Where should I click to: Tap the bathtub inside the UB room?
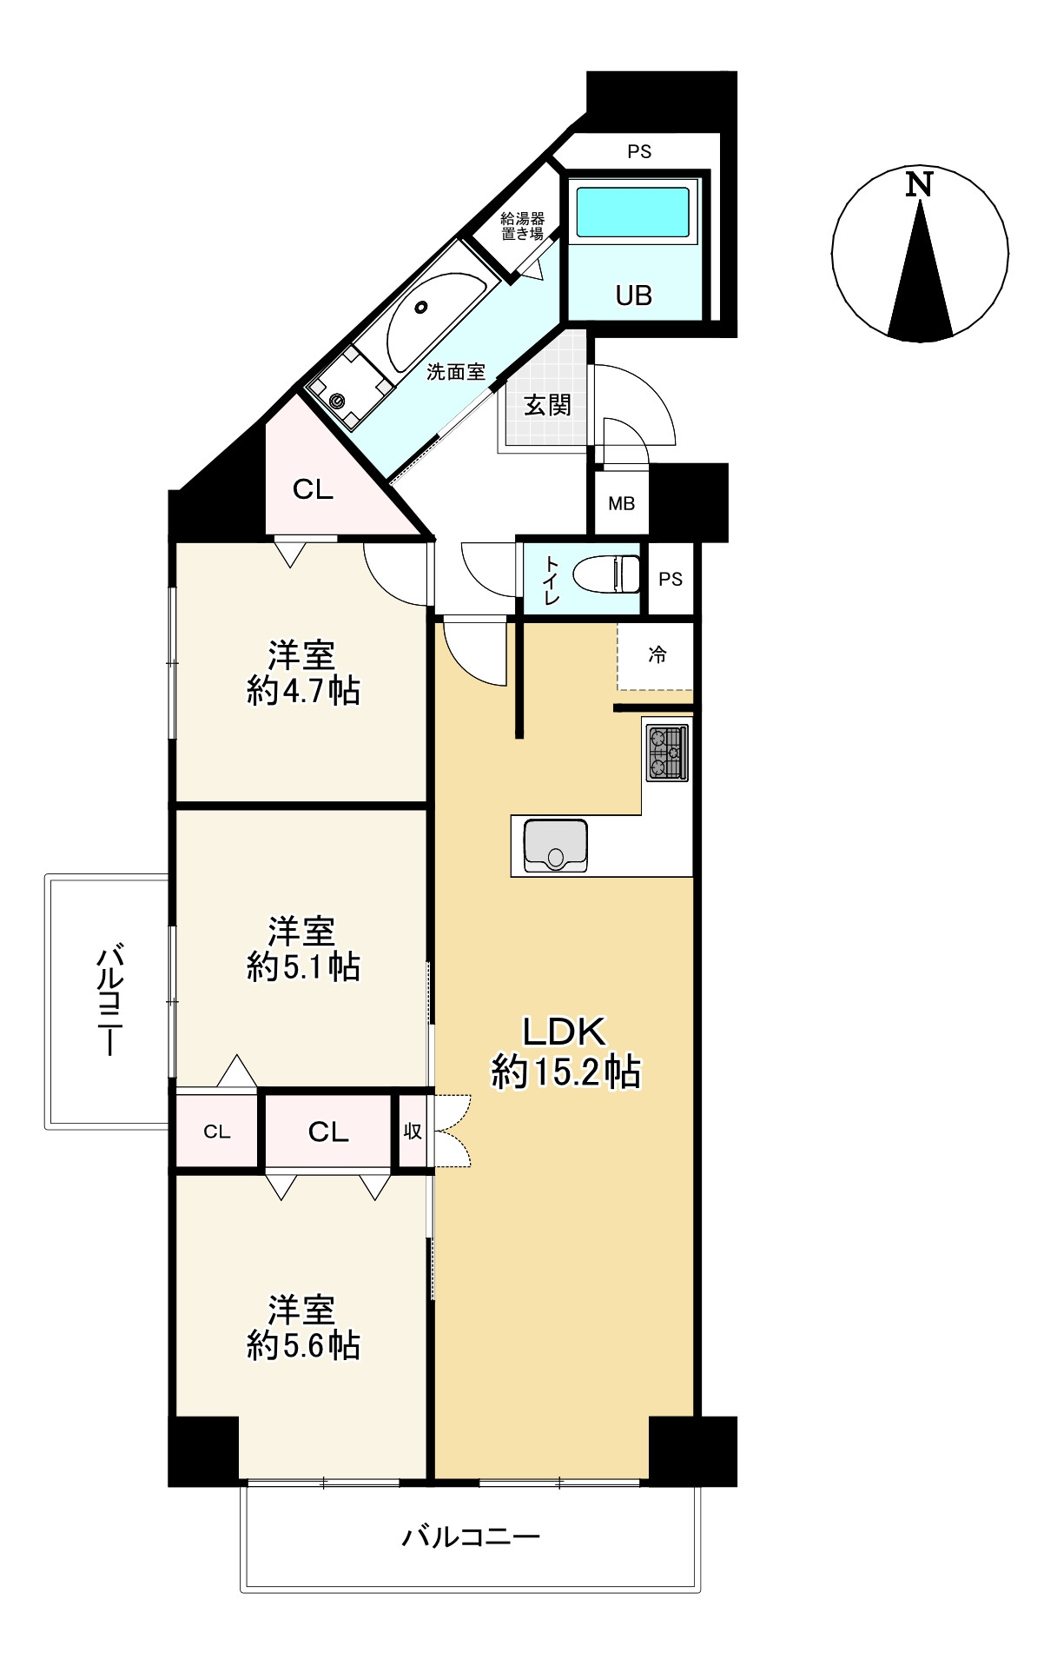pyautogui.click(x=633, y=210)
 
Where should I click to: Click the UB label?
pyautogui.click(x=633, y=295)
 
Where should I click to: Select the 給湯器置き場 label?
pyautogui.click(x=522, y=227)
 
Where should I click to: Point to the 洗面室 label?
pyautogui.click(x=455, y=372)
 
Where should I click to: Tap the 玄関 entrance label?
pyautogui.click(x=547, y=405)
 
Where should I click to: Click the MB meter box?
pyautogui.click(x=621, y=503)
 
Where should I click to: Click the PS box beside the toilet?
pyautogui.click(x=670, y=579)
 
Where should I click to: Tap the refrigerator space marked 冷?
pyautogui.click(x=657, y=655)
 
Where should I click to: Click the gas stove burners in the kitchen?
pyautogui.click(x=666, y=752)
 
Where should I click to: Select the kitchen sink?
pyautogui.click(x=556, y=846)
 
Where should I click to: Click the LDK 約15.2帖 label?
pyautogui.click(x=565, y=1052)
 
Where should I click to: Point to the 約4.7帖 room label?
pyautogui.click(x=302, y=673)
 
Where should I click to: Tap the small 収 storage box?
pyautogui.click(x=413, y=1132)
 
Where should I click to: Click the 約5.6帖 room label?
pyautogui.click(x=302, y=1328)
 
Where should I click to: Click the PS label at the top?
pyautogui.click(x=639, y=152)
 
